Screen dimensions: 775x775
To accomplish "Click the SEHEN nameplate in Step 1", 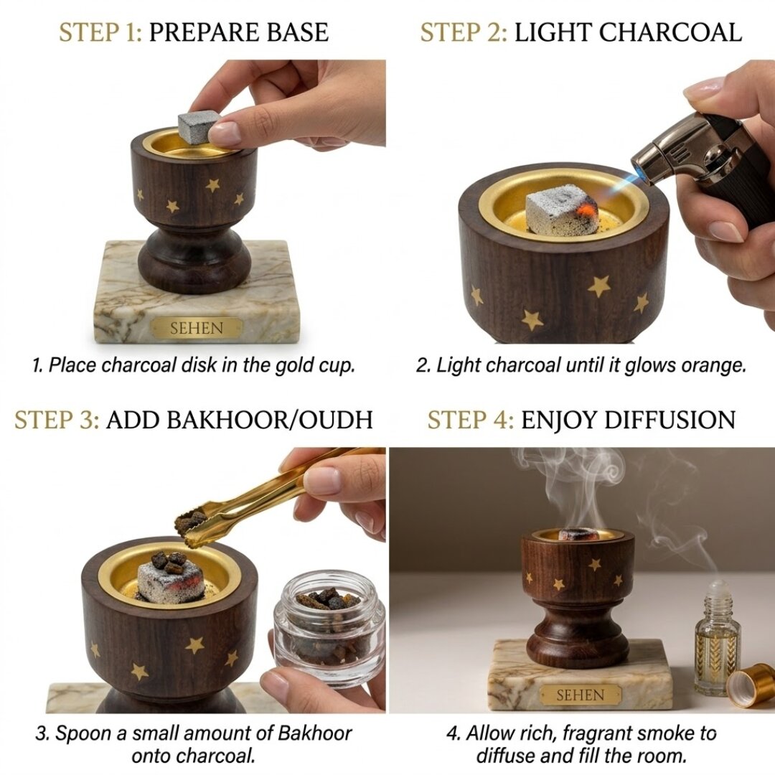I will (197, 329).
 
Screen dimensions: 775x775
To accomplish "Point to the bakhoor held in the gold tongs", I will (192, 522).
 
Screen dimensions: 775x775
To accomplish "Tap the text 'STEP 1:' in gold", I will (100, 32).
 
